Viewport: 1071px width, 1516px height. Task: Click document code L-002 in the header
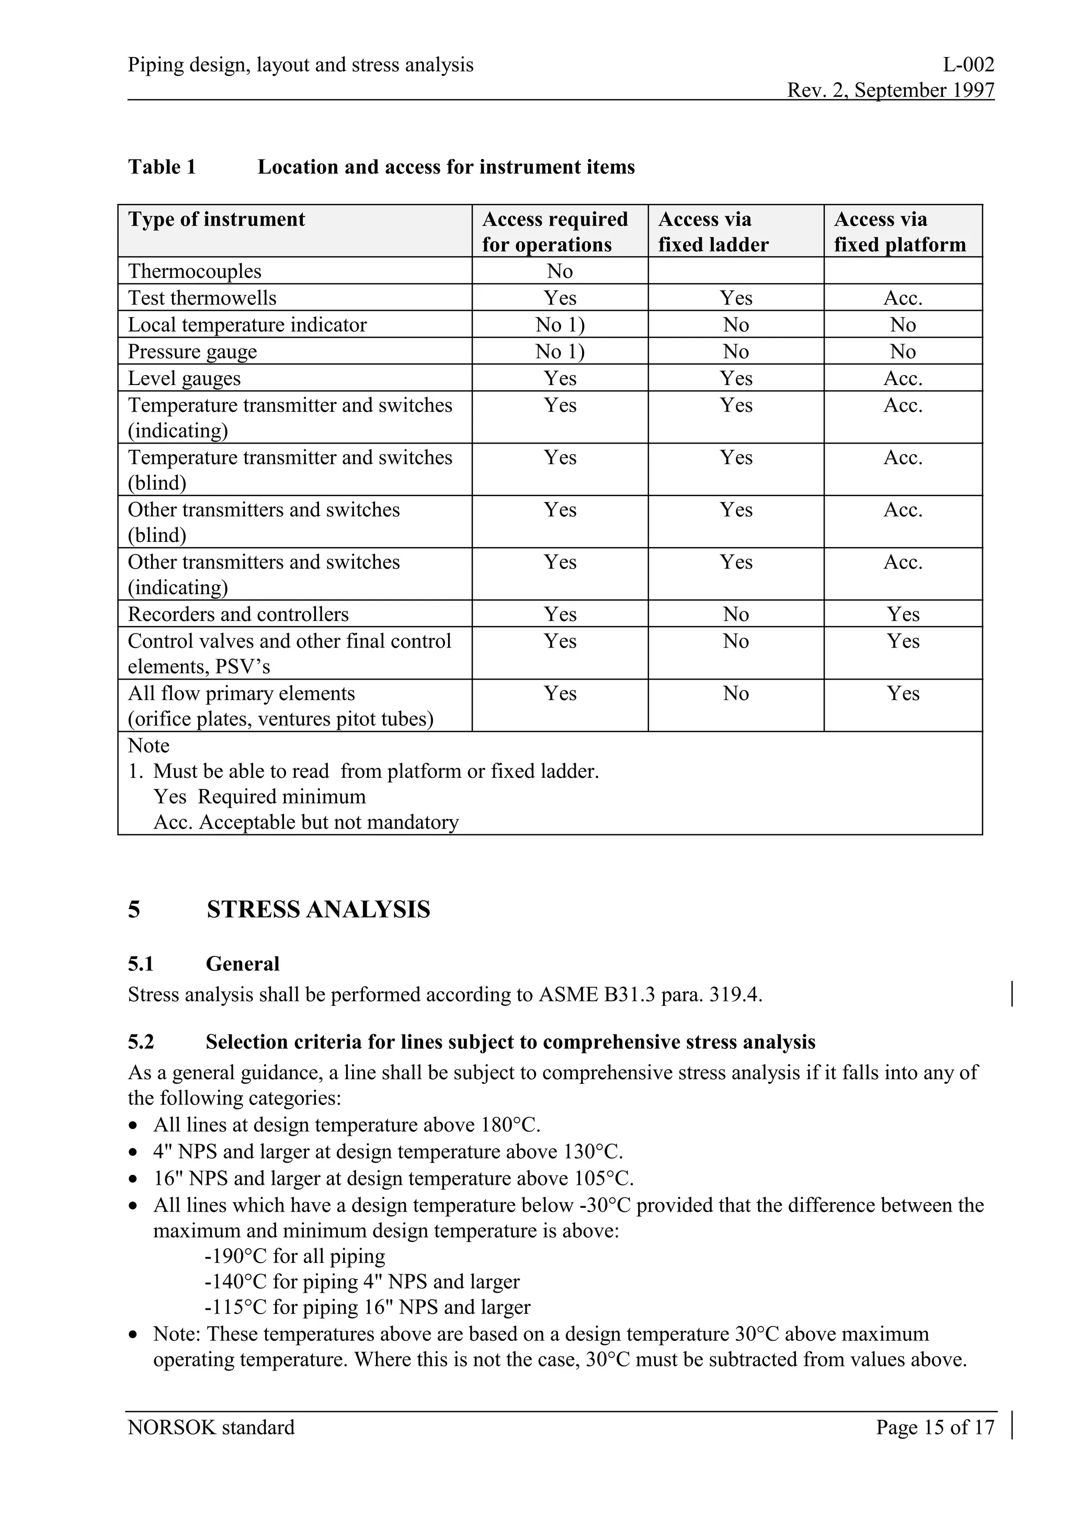click(968, 65)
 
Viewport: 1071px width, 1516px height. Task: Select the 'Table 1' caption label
click(162, 167)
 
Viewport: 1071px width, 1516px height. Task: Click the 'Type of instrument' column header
click(217, 219)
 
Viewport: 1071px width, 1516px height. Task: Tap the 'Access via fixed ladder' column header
click(713, 232)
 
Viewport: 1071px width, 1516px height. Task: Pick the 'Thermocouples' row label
click(194, 271)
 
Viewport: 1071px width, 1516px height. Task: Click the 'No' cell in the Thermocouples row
click(560, 271)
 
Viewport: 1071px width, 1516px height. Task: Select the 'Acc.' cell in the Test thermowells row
click(902, 299)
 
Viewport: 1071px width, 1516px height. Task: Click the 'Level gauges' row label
click(184, 379)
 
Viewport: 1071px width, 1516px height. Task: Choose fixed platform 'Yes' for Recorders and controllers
click(902, 615)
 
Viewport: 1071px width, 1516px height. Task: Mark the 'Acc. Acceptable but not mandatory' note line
click(306, 823)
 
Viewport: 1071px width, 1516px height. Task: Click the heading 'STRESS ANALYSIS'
click(318, 910)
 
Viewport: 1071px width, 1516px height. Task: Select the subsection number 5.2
click(141, 1042)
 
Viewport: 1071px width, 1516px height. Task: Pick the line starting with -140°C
click(361, 1282)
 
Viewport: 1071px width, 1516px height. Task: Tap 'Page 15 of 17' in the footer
click(935, 1428)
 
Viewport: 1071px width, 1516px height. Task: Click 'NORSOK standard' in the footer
click(211, 1428)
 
